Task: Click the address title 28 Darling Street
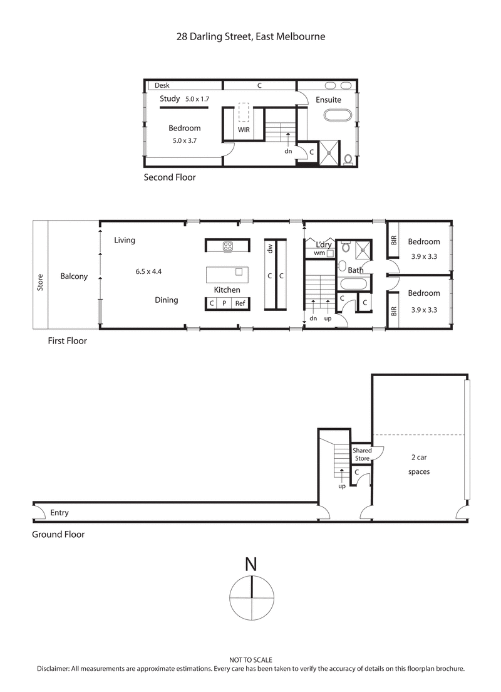point(250,36)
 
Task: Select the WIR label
point(244,130)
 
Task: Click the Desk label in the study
point(162,85)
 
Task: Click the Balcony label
point(74,276)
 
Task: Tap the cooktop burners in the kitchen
point(227,246)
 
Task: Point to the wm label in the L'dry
point(319,253)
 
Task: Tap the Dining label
point(167,300)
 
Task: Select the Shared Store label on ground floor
point(362,454)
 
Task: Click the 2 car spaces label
point(418,464)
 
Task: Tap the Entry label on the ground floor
point(59,513)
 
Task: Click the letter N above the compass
point(250,564)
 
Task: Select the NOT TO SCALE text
point(250,660)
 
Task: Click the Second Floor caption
point(170,177)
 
